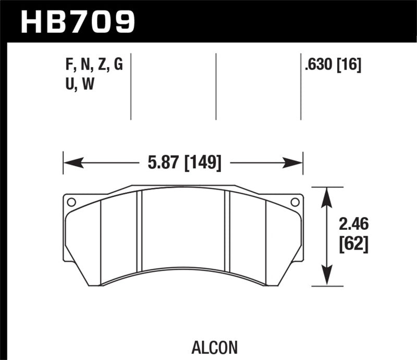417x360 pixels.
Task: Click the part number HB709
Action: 77,21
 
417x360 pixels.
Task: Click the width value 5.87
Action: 160,163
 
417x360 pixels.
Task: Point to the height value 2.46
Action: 353,225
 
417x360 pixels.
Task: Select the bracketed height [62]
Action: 353,244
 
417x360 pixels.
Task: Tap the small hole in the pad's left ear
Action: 71,202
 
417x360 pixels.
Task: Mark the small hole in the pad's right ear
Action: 295,202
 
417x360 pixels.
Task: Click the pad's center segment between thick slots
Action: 183,229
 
